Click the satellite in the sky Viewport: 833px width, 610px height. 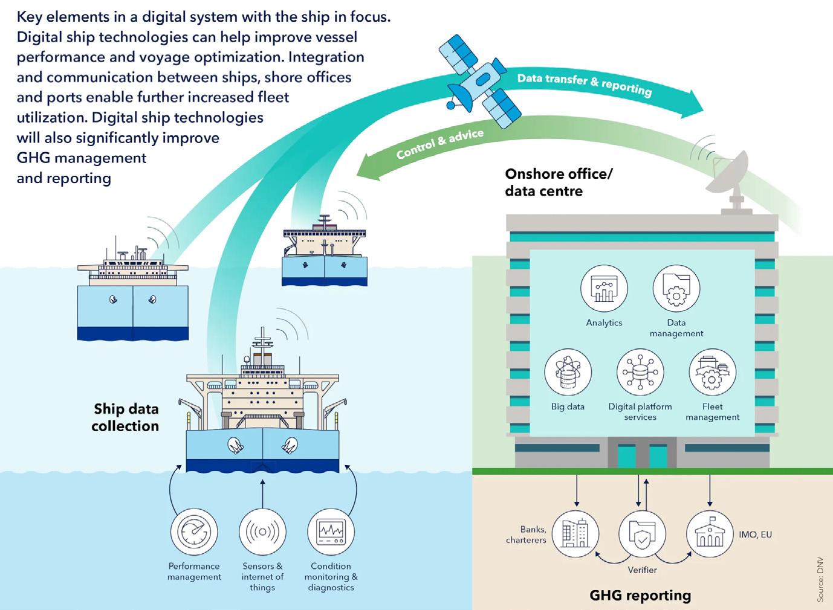(480, 81)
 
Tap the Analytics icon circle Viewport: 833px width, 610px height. (604, 288)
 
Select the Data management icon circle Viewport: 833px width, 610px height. (676, 288)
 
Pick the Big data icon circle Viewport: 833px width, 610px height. (568, 372)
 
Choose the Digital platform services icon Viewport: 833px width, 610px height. (640, 372)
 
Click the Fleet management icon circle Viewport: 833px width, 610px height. (712, 372)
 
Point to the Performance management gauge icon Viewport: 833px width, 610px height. (194, 532)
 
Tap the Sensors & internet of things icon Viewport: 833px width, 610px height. (262, 532)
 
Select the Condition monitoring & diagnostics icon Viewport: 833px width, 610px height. (331, 532)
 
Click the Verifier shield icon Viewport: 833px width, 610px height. (642, 534)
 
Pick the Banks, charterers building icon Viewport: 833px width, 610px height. (575, 534)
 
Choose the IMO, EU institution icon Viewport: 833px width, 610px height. (710, 534)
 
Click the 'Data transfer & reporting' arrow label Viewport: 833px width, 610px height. (584, 85)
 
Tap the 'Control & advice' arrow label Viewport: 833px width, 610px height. (440, 144)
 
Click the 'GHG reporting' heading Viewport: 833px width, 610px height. (640, 596)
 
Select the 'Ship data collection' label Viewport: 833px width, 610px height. (126, 417)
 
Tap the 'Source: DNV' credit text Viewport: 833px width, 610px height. (820, 581)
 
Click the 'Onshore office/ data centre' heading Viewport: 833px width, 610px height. (559, 182)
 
